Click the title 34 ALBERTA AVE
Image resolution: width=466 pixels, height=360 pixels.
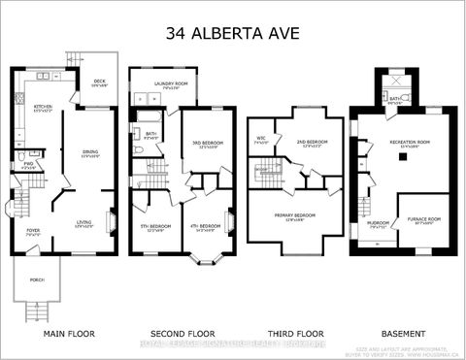click(233, 32)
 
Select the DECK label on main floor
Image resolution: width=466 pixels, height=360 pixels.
click(99, 82)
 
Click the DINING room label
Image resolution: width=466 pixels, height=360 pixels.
click(89, 152)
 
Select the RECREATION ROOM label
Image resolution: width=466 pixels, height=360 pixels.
click(410, 144)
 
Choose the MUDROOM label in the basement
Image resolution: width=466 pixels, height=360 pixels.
click(378, 224)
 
